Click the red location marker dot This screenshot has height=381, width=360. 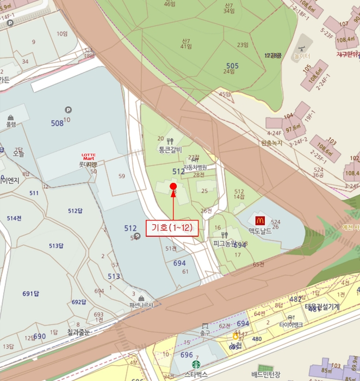tap(173, 186)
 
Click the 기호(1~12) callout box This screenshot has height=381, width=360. tap(172, 228)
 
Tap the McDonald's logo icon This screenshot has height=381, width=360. tap(259, 220)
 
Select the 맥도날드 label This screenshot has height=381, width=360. tap(259, 231)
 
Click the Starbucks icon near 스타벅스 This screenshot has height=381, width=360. tap(195, 364)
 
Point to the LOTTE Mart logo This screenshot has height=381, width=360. tap(88, 157)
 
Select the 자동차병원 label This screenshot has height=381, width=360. tap(195, 167)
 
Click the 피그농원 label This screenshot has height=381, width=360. tap(224, 243)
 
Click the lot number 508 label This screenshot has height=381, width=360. tap(57, 124)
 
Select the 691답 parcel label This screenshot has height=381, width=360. tap(30, 294)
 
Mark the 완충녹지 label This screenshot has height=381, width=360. tap(271, 143)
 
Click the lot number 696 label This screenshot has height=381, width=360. tap(187, 355)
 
